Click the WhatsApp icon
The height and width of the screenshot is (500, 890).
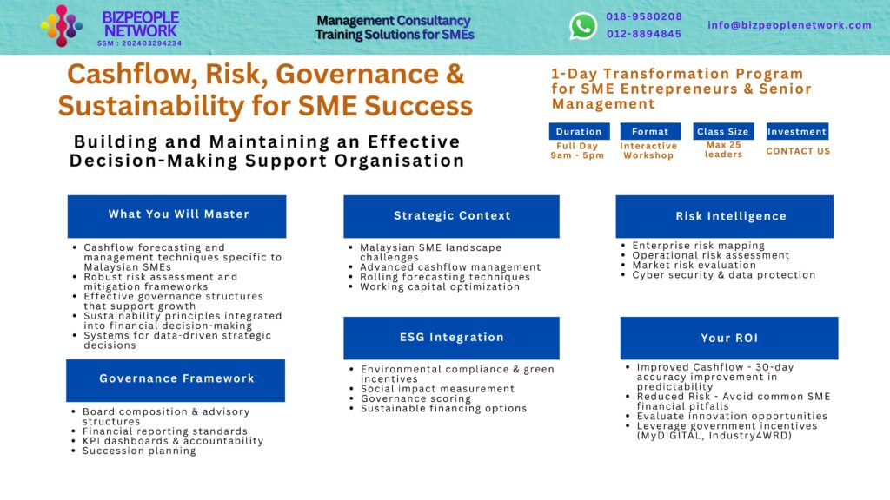[x=583, y=26]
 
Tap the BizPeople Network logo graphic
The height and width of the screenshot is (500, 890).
[x=62, y=25]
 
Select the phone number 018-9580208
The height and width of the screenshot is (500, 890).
[x=644, y=16]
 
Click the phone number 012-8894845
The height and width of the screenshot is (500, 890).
[x=644, y=34]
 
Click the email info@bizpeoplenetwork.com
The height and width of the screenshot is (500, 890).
[x=789, y=25]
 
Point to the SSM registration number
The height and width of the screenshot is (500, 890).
[x=139, y=43]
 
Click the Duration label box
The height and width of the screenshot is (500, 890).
[x=579, y=132]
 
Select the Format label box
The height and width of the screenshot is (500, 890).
[x=650, y=132]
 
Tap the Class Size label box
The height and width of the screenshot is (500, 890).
[x=723, y=132]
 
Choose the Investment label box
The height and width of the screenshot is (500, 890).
[x=797, y=132]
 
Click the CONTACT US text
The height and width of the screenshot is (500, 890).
[x=798, y=151]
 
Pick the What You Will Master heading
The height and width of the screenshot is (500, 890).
[x=177, y=214]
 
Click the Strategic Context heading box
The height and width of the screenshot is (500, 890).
[x=452, y=215]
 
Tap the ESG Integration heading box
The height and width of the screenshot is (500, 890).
[x=451, y=337]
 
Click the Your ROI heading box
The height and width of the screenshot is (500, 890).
[x=728, y=338]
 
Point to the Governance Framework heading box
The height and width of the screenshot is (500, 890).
[x=176, y=378]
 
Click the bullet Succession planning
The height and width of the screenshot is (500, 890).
[x=139, y=451]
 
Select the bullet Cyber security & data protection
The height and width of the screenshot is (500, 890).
[x=723, y=275]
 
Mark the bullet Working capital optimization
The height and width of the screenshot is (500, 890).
[x=440, y=286]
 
